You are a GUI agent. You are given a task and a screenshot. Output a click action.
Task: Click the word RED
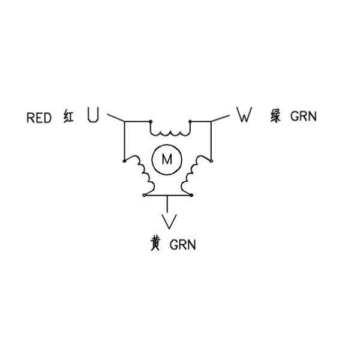tap(40, 117)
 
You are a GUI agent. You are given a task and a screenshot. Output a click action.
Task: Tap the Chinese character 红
tap(69, 116)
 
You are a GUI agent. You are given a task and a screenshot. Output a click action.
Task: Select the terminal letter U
tap(92, 115)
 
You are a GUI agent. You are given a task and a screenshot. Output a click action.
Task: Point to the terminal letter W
tap(243, 115)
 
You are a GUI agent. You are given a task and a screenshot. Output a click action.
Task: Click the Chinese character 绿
tap(276, 116)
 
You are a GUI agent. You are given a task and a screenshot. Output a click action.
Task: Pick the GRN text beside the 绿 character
tap(303, 116)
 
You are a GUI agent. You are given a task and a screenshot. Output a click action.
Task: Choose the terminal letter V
tap(170, 221)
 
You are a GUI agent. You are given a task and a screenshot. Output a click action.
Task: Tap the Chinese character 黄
tap(155, 244)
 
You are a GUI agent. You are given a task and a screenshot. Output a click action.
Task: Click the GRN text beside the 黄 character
tap(182, 245)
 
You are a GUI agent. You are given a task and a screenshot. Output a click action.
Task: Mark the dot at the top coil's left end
tap(151, 121)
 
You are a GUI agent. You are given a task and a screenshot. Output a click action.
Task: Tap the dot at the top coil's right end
tap(190, 121)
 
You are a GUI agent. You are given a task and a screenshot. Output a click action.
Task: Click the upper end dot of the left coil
tap(124, 160)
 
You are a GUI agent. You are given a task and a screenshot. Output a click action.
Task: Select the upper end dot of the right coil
tap(211, 160)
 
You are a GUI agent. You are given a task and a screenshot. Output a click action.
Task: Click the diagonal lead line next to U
tap(115, 117)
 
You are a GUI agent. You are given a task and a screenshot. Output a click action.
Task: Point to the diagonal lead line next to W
tap(221, 117)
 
